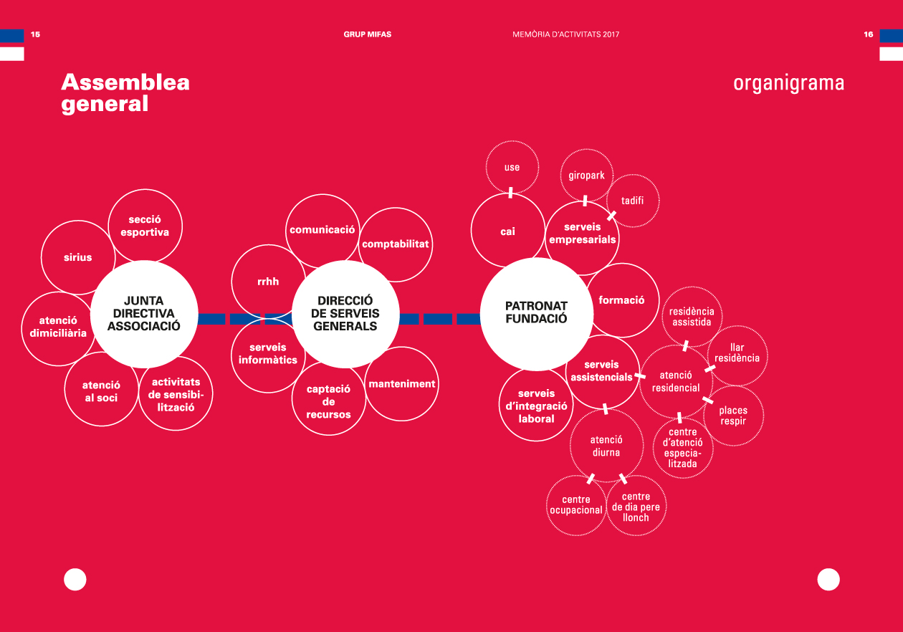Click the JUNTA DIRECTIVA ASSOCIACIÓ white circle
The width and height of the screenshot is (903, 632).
tap(144, 314)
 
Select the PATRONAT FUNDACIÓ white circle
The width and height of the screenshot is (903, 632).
tap(537, 314)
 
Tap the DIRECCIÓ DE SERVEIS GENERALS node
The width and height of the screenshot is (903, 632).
tap(345, 314)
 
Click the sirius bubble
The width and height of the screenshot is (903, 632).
tap(78, 257)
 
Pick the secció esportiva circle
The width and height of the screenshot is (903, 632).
tap(145, 226)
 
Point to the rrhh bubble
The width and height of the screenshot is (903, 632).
tap(269, 282)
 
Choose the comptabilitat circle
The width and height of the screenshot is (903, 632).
tap(396, 244)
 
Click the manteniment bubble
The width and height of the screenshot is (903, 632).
tap(401, 384)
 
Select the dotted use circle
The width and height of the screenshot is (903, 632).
tap(512, 167)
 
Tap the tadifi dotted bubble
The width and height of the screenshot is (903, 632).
tap(633, 201)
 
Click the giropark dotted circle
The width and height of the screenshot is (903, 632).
tap(587, 176)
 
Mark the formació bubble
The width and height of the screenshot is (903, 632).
tap(622, 300)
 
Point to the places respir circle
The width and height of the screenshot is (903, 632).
tap(733, 416)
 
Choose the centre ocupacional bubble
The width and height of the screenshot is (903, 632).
tap(576, 505)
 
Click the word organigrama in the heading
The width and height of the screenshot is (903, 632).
tap(788, 84)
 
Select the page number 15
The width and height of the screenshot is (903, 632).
tap(36, 34)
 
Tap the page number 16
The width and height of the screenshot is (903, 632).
tap(869, 34)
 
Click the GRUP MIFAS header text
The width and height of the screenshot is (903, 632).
tap(367, 34)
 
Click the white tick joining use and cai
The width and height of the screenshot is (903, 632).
tap(511, 193)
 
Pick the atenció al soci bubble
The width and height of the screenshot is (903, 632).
tap(102, 389)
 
